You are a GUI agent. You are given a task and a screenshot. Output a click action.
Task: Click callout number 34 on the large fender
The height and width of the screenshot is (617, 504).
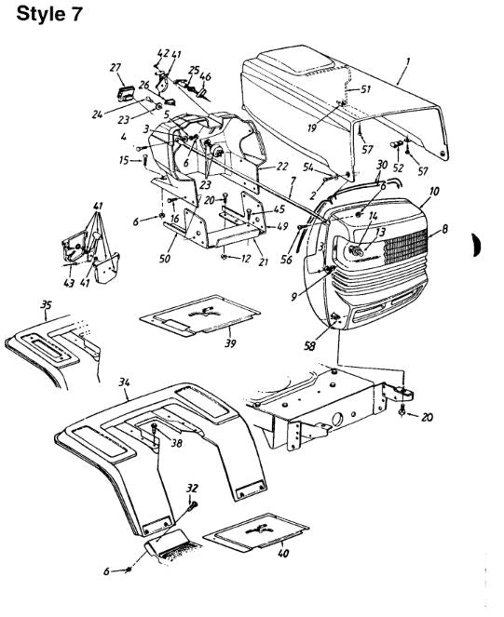point(126,382)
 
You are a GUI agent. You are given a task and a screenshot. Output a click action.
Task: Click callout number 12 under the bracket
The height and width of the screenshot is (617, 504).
point(247,257)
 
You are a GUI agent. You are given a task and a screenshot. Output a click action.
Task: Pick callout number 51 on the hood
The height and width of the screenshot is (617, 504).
point(365,89)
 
